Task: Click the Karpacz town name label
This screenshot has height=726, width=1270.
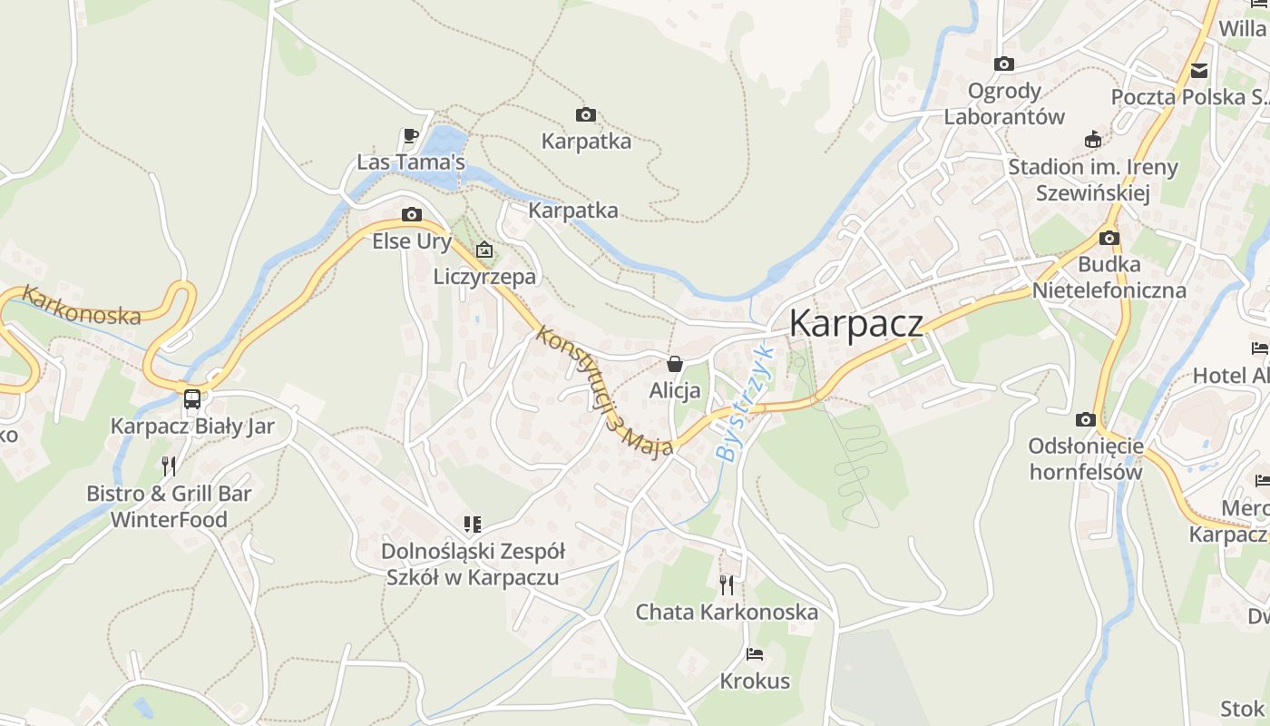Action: pyautogui.click(x=856, y=323)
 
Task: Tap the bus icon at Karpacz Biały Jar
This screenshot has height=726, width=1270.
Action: pyautogui.click(x=192, y=398)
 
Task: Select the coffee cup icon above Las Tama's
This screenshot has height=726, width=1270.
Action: pyautogui.click(x=410, y=136)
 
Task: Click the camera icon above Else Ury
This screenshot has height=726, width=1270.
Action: pyautogui.click(x=411, y=215)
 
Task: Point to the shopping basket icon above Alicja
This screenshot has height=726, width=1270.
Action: pyautogui.click(x=675, y=364)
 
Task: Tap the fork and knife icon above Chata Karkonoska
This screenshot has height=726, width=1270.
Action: pyautogui.click(x=727, y=584)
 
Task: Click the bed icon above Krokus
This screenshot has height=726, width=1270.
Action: pyautogui.click(x=755, y=653)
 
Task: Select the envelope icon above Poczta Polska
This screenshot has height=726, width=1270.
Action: pyautogui.click(x=1199, y=70)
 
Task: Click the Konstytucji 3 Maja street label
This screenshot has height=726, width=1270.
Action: pyautogui.click(x=604, y=391)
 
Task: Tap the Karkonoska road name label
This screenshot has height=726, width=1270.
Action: pyautogui.click(x=82, y=305)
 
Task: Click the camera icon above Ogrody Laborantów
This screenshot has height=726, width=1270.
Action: pyautogui.click(x=1003, y=64)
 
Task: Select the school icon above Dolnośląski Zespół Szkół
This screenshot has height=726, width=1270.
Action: pyautogui.click(x=472, y=524)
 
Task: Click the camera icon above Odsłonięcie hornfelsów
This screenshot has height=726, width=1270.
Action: pyautogui.click(x=1085, y=419)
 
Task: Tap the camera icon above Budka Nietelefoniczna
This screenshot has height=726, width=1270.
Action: pyautogui.click(x=1109, y=238)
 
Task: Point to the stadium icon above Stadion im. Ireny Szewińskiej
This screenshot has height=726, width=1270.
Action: pyautogui.click(x=1092, y=140)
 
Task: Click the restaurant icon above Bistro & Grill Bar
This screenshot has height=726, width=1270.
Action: pyautogui.click(x=169, y=466)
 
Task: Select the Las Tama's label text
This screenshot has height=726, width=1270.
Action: pyautogui.click(x=411, y=162)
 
